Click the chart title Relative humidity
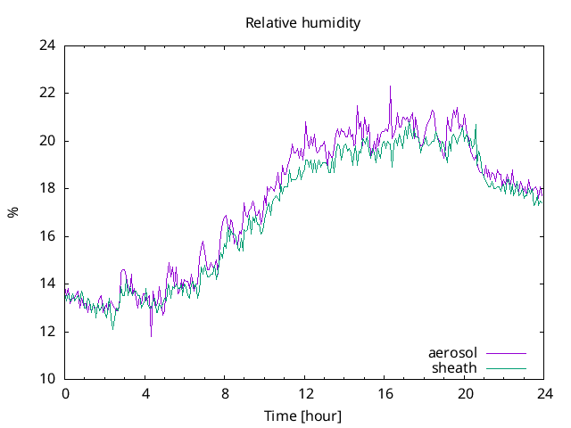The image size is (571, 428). tap(302, 23)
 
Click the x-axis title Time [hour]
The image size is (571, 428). tap(302, 416)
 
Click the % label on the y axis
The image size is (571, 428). tap(13, 212)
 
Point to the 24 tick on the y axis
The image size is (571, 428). tap(48, 45)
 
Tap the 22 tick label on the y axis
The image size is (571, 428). tap(48, 93)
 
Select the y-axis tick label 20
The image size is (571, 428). tap(48, 140)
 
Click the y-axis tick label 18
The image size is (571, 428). tap(48, 188)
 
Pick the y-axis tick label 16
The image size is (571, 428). tap(48, 235)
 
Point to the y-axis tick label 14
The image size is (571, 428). tap(48, 284)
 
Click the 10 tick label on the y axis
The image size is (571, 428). tap(48, 379)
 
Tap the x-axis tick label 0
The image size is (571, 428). tap(65, 393)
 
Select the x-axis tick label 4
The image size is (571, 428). tap(145, 393)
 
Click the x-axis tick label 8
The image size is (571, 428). tap(225, 393)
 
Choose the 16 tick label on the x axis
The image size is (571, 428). tap(385, 393)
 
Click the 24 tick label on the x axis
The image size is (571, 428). tap(544, 393)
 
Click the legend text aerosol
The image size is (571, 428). tap(452, 353)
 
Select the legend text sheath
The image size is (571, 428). tap(455, 367)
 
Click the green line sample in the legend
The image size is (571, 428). tap(505, 368)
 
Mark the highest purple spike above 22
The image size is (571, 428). tap(390, 87)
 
